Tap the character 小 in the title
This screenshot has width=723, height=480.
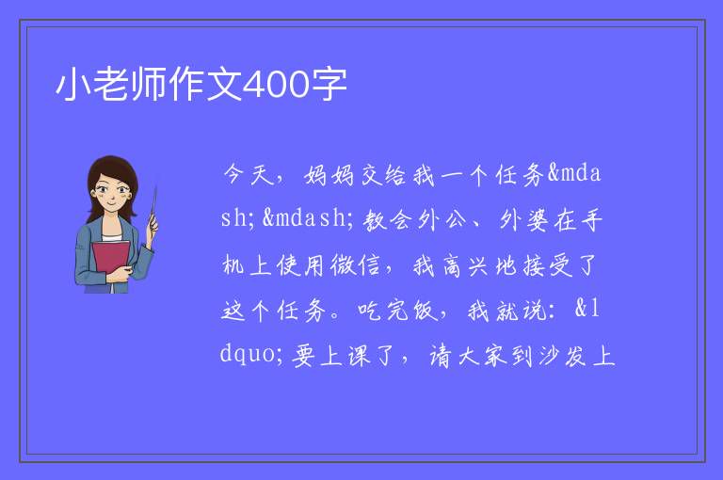coord(73,85)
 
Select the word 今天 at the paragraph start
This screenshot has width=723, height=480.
coord(249,175)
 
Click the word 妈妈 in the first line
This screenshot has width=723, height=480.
coord(329,175)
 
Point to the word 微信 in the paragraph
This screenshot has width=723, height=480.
coord(356,265)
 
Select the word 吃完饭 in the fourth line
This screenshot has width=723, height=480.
coord(397,311)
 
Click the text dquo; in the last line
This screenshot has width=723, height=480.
coord(251,355)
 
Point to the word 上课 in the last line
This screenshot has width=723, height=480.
coord(345,356)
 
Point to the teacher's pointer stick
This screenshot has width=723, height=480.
coord(153,206)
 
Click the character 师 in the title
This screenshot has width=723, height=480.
coord(149,85)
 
